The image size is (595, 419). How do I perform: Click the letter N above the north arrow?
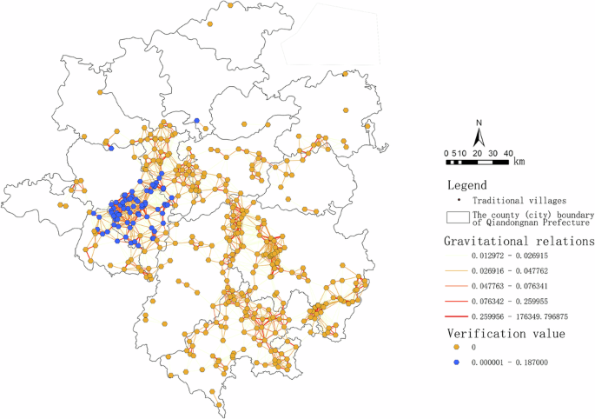(x=478, y=123)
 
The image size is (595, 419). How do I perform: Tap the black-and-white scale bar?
(x=476, y=162)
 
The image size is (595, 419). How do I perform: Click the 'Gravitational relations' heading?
(x=519, y=240)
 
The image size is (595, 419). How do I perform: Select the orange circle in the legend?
(x=456, y=348)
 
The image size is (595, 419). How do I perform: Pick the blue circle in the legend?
(x=456, y=362)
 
